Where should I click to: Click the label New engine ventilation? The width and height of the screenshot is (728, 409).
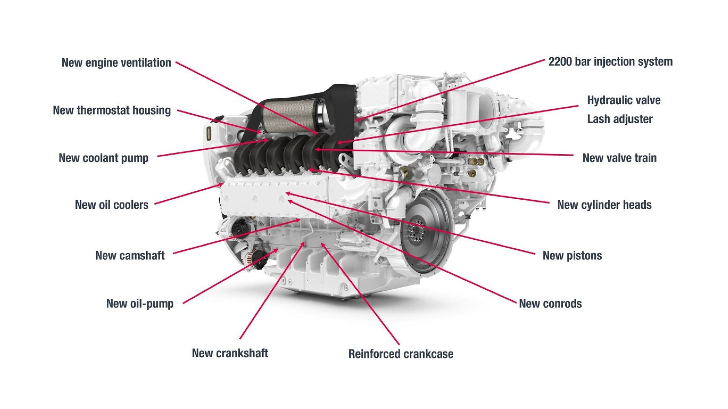pyautogui.click(x=116, y=63)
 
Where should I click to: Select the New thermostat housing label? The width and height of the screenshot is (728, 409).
pyautogui.click(x=112, y=111)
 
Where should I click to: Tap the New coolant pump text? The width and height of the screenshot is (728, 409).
pyautogui.click(x=104, y=158)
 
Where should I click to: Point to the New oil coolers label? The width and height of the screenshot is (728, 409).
pyautogui.click(x=112, y=205)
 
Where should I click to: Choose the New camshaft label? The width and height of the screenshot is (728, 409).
pyautogui.click(x=130, y=256)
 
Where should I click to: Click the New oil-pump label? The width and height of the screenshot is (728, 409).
pyautogui.click(x=140, y=304)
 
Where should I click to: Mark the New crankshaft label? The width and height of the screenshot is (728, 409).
pyautogui.click(x=230, y=353)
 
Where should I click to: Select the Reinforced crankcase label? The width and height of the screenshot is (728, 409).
pyautogui.click(x=400, y=354)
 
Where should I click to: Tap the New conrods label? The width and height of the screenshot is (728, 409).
pyautogui.click(x=550, y=304)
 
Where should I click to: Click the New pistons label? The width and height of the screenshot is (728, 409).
pyautogui.click(x=572, y=256)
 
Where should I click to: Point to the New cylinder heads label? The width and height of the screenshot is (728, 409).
pyautogui.click(x=604, y=205)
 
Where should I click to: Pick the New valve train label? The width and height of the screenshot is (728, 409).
pyautogui.click(x=619, y=158)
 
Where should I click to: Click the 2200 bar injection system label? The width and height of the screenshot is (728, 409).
pyautogui.click(x=610, y=62)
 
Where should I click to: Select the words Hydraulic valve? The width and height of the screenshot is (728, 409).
pyautogui.click(x=623, y=101)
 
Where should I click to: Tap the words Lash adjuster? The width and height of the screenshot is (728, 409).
pyautogui.click(x=620, y=119)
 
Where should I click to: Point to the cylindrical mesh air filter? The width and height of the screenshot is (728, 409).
pyautogui.click(x=291, y=116)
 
